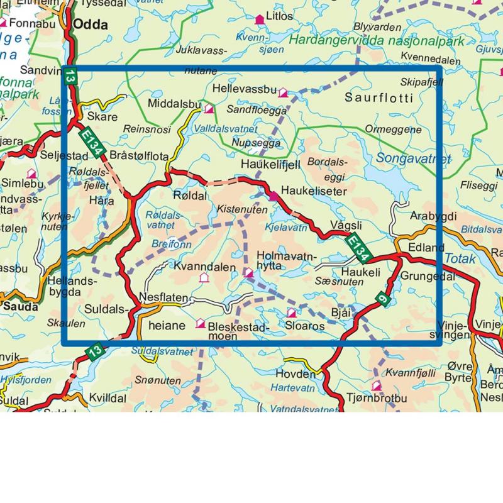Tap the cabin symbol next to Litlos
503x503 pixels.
[x=258, y=20]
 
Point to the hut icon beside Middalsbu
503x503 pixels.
[x=209, y=109]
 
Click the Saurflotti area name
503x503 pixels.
[x=379, y=98]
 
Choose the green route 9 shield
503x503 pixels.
[x=382, y=301]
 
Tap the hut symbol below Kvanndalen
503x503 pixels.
[x=203, y=277]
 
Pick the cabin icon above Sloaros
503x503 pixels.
[x=291, y=312]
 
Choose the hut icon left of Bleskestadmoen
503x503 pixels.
[x=201, y=323]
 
